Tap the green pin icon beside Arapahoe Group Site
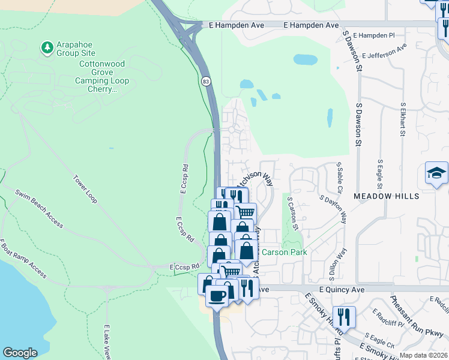[x=47, y=46]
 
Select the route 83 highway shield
[x=206, y=80]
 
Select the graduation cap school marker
[x=436, y=173]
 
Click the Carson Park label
[x=285, y=252]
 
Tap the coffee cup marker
[x=217, y=296]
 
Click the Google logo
[x=20, y=353]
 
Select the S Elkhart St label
[x=402, y=120]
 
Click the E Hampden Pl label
[x=374, y=35]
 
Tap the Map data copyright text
[x=423, y=355]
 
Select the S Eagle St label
[x=380, y=174]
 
